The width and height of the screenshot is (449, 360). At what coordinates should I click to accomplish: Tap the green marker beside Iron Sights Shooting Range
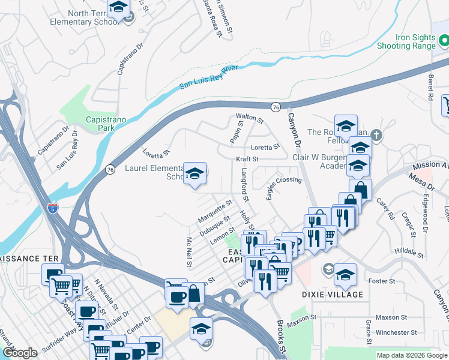[444, 41]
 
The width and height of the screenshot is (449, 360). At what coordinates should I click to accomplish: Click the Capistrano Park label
[106, 124]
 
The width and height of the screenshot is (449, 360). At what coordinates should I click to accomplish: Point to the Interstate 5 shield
[53, 209]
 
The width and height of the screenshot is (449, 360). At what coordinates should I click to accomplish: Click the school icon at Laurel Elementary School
[194, 174]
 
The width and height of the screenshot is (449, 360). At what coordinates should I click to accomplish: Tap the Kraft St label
[247, 159]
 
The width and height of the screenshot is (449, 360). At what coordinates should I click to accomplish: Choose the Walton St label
[250, 119]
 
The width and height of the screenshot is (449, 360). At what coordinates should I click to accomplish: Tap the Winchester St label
[396, 332]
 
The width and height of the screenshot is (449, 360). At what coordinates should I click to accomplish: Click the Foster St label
[382, 281]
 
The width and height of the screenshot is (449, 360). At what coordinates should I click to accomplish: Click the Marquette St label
[214, 211]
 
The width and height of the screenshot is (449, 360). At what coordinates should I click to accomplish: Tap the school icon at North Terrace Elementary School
[118, 8]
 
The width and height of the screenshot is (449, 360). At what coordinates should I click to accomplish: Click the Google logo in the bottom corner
[20, 353]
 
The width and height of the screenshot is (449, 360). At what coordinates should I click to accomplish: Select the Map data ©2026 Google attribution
[411, 355]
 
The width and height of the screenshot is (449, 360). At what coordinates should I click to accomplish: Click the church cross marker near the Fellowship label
[376, 134]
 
